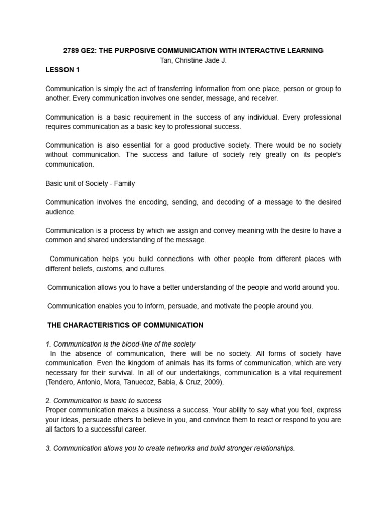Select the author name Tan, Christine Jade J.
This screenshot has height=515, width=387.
(193, 60)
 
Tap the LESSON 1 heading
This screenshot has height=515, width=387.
(62, 70)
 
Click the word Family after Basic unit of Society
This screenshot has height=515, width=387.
(124, 184)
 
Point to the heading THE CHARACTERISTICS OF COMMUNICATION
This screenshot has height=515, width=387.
(125, 325)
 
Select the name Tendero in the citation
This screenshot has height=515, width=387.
(62, 382)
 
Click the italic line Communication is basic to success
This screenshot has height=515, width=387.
(107, 401)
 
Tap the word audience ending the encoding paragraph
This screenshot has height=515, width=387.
(60, 212)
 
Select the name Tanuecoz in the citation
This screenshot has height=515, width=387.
(135, 382)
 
